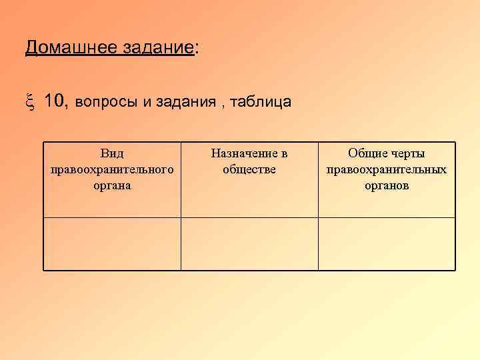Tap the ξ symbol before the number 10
30,101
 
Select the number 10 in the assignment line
56,101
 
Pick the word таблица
261,102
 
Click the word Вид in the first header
112,154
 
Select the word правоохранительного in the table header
112,169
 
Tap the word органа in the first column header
112,185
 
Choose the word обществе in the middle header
249,169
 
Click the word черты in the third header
407,154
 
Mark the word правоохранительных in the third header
387,169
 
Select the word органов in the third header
387,185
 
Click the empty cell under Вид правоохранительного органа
112,243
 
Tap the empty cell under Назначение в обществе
249,243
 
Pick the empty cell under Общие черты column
387,243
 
